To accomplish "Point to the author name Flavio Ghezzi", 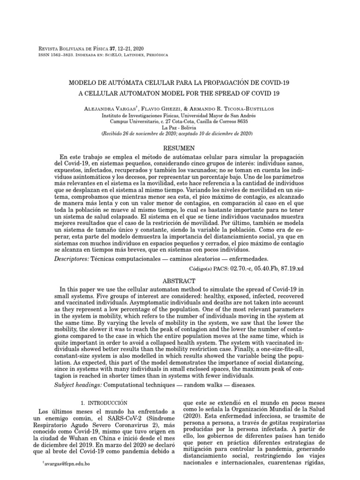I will pos(172,109).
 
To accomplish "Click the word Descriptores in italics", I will pos(71,259).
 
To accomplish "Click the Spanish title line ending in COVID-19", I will pos(180,82).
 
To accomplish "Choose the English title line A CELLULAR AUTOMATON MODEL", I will pos(180,93).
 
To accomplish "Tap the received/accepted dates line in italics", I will pos(177,134).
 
